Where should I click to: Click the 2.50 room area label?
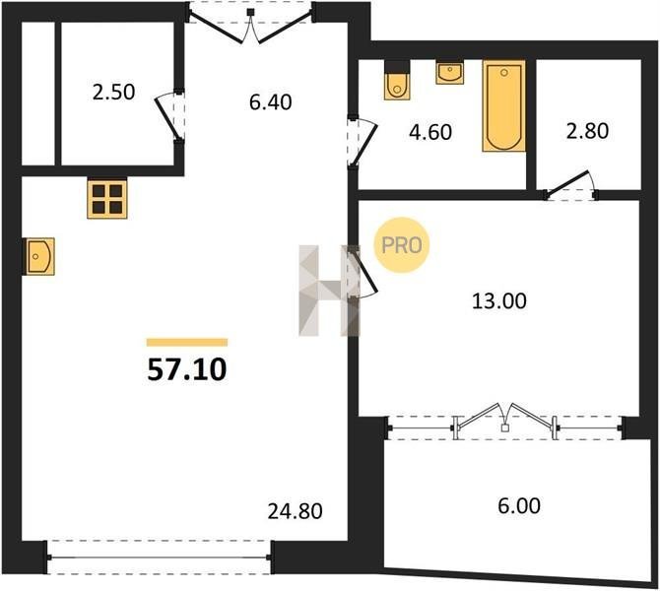tap(113, 93)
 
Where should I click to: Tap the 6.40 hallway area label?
tap(270, 102)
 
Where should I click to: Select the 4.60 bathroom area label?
tap(430, 132)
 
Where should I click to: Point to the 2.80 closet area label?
tap(587, 131)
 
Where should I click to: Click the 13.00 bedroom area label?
tap(499, 301)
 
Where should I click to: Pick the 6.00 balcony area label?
tap(519, 506)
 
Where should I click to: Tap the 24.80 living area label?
tap(296, 511)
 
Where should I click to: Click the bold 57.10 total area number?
tap(187, 370)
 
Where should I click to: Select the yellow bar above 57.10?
tap(187, 342)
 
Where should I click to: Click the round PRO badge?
tap(402, 245)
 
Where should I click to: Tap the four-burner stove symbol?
tap(107, 199)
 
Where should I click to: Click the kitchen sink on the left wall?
tap(39, 256)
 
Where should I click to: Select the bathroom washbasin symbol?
tap(450, 73)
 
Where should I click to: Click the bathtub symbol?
tap(503, 106)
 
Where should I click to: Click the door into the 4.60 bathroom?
tap(362, 141)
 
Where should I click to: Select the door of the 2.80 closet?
tap(570, 185)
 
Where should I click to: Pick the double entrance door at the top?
tap(251, 23)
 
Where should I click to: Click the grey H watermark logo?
tap(329, 291)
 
